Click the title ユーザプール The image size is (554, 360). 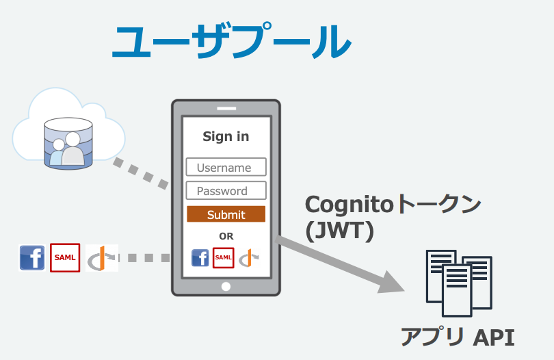231,42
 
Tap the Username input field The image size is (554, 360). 226,168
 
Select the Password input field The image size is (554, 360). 226,191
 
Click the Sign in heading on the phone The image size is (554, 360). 226,136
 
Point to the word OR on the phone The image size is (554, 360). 226,236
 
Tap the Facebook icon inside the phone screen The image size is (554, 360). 200,257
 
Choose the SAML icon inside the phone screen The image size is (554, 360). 224,257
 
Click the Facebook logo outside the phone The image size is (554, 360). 32,258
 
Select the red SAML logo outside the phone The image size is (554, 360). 65,258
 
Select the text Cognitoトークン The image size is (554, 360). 393,205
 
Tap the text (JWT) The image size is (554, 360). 340,231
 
